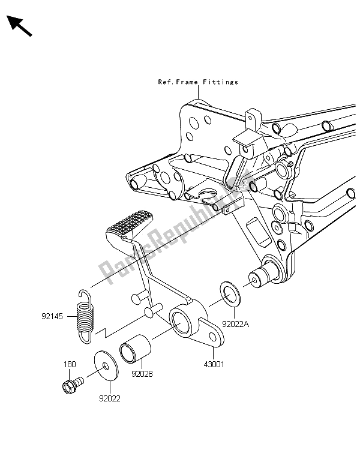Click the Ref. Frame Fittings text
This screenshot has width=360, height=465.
pos(198,82)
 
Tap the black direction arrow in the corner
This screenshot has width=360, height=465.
pos(19,26)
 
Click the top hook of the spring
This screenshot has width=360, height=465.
pos(85,294)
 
